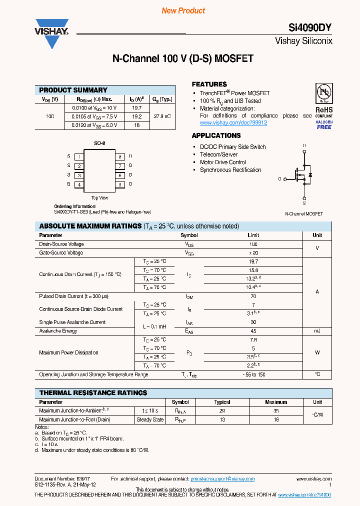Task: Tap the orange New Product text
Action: pyautogui.click(x=183, y=10)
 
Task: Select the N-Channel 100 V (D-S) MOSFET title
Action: pyautogui.click(x=182, y=59)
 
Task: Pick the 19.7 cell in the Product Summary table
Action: pyautogui.click(x=136, y=107)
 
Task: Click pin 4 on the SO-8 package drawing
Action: pyautogui.click(x=79, y=185)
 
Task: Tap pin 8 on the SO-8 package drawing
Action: pyautogui.click(x=120, y=156)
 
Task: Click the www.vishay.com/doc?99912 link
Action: pyautogui.click(x=233, y=122)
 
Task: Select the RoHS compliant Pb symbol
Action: pyautogui.click(x=323, y=93)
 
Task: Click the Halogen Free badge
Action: pyautogui.click(x=323, y=124)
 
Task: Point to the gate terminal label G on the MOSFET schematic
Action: pyautogui.click(x=280, y=178)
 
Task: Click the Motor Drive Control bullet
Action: pyautogui.click(x=223, y=162)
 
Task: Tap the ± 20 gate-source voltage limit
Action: pyautogui.click(x=253, y=253)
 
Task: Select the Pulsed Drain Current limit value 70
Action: pyautogui.click(x=253, y=296)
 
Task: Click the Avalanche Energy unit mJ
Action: pyautogui.click(x=317, y=331)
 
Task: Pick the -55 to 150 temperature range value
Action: pyautogui.click(x=253, y=374)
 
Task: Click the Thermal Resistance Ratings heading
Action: pyautogui.click(x=93, y=393)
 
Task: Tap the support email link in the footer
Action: pyautogui.click(x=222, y=478)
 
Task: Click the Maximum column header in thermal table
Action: pyautogui.click(x=276, y=402)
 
